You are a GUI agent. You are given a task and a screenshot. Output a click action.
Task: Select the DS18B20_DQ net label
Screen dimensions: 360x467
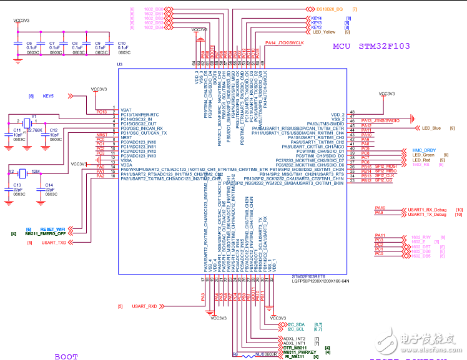pyautogui.click(x=329, y=9)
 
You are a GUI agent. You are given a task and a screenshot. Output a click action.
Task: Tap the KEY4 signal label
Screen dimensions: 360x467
pyautogui.click(x=317, y=18)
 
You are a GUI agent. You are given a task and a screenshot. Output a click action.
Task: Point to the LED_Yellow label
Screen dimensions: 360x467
pyautogui.click(x=325, y=32)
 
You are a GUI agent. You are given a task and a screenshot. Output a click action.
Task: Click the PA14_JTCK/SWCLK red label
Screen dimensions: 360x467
pyautogui.click(x=284, y=42)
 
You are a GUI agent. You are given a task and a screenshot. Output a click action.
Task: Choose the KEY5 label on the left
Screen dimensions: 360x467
pyautogui.click(x=48, y=96)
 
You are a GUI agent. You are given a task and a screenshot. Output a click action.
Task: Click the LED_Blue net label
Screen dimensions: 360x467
pyautogui.click(x=431, y=128)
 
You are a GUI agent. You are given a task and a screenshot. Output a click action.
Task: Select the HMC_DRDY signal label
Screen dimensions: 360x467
pyautogui.click(x=424, y=150)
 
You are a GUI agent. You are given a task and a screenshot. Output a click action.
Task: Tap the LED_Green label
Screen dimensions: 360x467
pyautogui.click(x=423, y=155)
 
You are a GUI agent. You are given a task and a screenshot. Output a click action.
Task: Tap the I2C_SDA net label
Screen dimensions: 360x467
pyautogui.click(x=295, y=324)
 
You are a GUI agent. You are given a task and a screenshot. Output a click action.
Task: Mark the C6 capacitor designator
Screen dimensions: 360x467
pyautogui.click(x=29, y=44)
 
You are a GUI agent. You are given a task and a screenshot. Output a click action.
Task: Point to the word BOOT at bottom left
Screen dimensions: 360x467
pyautogui.click(x=66, y=356)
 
